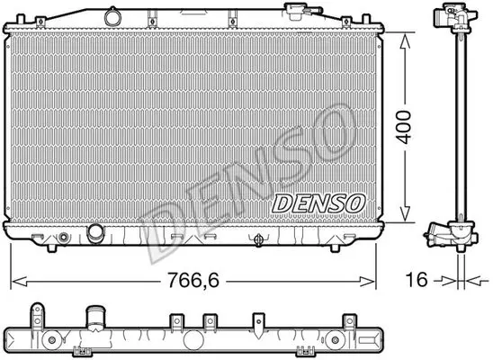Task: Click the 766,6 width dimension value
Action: tap(193, 280)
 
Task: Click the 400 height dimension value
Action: tap(404, 127)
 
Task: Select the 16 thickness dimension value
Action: tap(417, 280)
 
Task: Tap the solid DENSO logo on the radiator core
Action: tap(318, 203)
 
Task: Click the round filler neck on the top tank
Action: tap(112, 17)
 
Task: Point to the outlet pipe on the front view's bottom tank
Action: tap(95, 234)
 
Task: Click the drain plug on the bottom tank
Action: tap(258, 240)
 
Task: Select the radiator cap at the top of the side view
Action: tap(454, 17)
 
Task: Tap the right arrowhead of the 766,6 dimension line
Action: tap(368, 282)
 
